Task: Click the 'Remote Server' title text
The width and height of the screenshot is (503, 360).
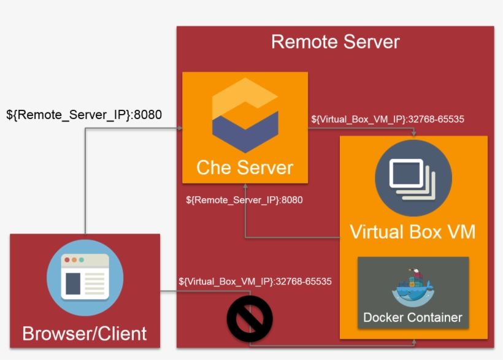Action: coord(335,42)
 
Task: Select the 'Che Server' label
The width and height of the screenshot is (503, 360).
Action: coord(245,167)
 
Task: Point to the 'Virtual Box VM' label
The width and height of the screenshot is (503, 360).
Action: coord(413,232)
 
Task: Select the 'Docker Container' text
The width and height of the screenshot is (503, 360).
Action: coord(412,318)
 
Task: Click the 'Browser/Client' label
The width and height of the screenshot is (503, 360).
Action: coord(85,333)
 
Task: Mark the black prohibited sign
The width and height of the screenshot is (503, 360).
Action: coord(250,318)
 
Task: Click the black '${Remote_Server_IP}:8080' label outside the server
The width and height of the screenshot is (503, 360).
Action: coord(84,114)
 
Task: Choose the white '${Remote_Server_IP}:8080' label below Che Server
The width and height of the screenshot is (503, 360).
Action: coord(244,200)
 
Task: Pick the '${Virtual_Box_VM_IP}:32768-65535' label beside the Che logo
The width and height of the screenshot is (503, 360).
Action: coord(387,119)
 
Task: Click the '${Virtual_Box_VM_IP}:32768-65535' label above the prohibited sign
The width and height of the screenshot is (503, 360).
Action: coord(255,281)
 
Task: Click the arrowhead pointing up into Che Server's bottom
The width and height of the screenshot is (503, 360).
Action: coord(245,186)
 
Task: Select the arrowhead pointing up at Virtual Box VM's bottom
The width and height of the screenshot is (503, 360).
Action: coord(413,342)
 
